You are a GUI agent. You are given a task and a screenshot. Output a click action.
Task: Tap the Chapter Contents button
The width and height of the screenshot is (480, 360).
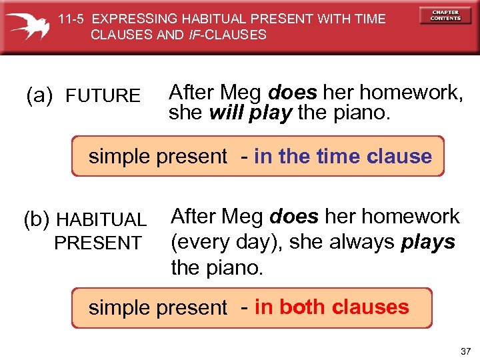tap(445, 15)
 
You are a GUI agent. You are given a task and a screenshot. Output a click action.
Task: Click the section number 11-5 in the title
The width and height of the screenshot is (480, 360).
tap(68, 19)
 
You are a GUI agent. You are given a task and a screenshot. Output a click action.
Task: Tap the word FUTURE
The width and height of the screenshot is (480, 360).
tap(103, 97)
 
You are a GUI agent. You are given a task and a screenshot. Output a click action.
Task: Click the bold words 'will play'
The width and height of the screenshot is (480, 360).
tap(251, 113)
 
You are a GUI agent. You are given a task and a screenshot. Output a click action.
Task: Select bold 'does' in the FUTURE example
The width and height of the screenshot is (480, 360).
tap(291, 92)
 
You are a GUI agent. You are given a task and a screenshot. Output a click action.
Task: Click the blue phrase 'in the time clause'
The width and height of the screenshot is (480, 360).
tap(343, 156)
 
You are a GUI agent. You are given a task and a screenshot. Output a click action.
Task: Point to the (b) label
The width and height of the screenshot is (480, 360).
tap(37, 219)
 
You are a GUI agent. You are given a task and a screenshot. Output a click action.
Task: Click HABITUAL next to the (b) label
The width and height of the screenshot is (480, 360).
tap(101, 219)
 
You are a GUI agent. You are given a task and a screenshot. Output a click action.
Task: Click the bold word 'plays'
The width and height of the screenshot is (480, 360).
tap(428, 242)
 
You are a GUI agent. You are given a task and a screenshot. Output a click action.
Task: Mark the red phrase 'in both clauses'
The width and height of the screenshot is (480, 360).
tap(331, 307)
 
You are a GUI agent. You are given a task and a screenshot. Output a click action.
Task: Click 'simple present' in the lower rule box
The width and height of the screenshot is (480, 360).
tap(158, 307)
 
